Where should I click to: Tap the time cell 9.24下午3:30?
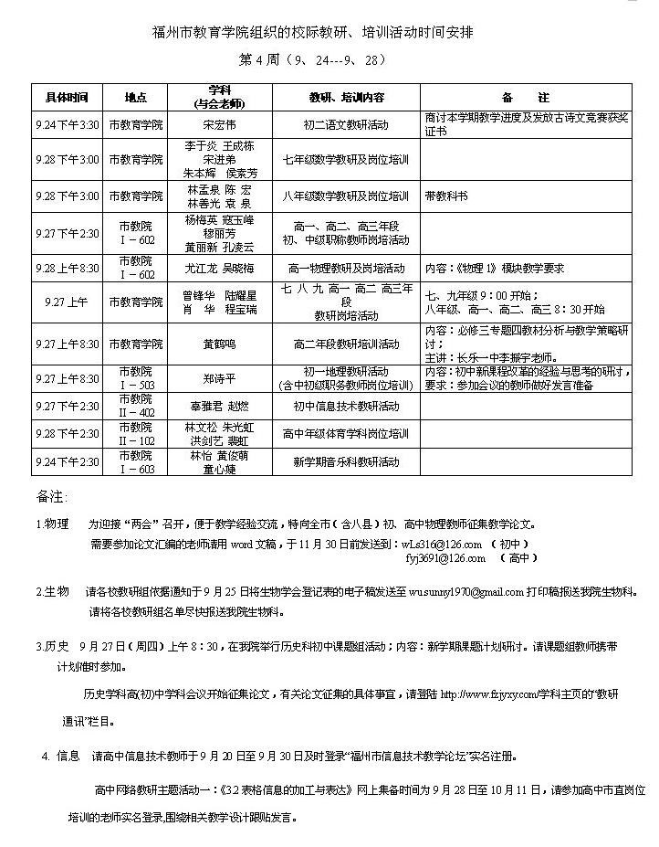[x=67, y=124]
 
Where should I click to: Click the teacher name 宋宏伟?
[x=218, y=124]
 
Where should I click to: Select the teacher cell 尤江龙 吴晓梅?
[x=218, y=269]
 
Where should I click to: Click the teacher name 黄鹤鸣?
[x=218, y=344]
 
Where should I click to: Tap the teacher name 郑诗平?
[x=218, y=378]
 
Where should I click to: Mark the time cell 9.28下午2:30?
[x=67, y=434]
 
